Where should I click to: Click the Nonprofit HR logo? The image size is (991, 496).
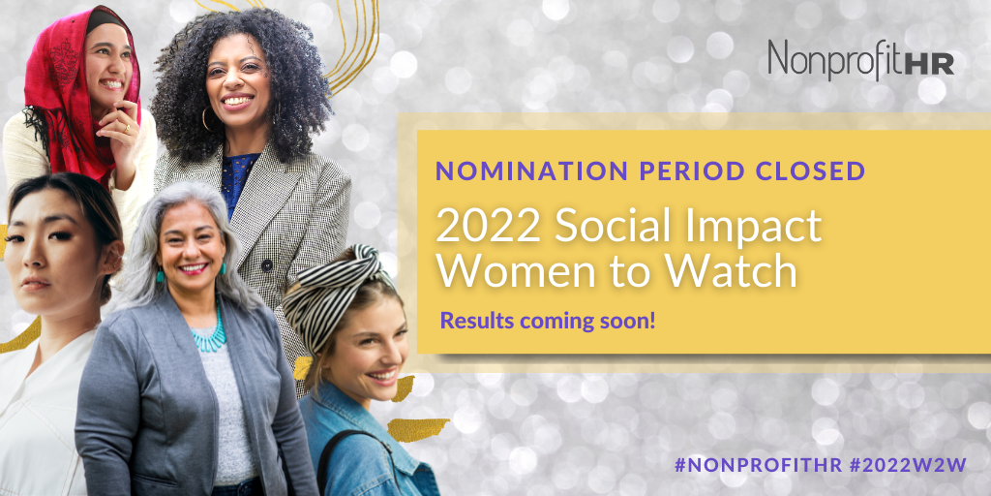[860, 60]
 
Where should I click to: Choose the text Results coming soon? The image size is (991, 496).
[548, 320]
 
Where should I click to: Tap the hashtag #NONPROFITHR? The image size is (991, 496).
[759, 465]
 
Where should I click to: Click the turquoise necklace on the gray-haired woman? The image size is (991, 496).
[209, 331]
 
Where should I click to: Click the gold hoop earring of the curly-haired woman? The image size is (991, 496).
[206, 119]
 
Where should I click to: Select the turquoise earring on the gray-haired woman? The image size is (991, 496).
[161, 274]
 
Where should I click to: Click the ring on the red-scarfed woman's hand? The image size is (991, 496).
[126, 129]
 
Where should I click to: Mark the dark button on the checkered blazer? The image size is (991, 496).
[267, 265]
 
